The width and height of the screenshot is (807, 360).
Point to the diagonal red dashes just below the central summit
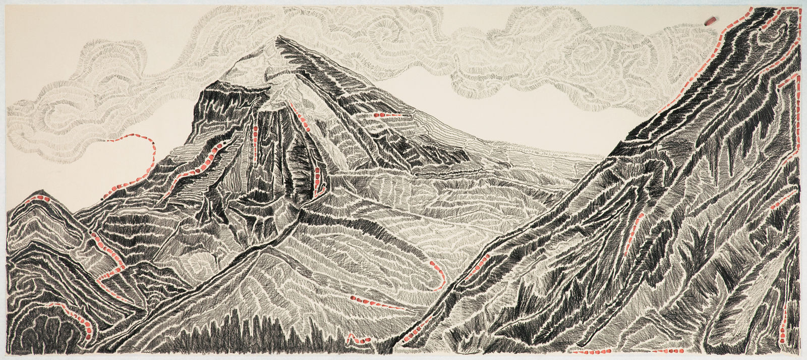coord(302,118)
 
